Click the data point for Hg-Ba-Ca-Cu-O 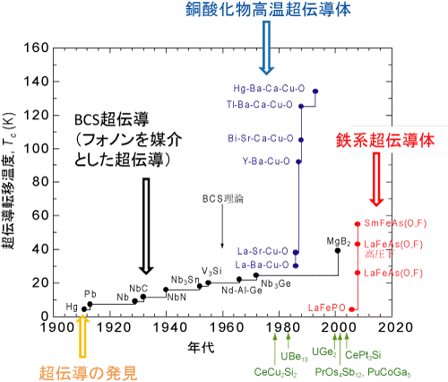click(x=315, y=91)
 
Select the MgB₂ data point click(x=338, y=250)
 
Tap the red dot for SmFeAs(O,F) click(x=358, y=223)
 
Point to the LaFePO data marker click(x=352, y=309)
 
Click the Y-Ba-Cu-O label click(x=266, y=161)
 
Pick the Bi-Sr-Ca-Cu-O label click(x=261, y=138)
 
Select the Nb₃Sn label click(x=185, y=281)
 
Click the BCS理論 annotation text click(x=223, y=199)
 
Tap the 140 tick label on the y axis click(x=36, y=82)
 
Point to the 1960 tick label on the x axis click(x=222, y=327)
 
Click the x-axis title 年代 click(x=201, y=348)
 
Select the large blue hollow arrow click(x=266, y=48)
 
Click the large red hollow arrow click(x=376, y=179)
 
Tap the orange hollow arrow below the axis click(x=83, y=336)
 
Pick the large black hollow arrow click(x=146, y=226)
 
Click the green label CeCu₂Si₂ click(x=275, y=372)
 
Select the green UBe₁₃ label click(x=294, y=357)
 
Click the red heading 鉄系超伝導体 click(x=385, y=140)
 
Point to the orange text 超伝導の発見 click(x=88, y=373)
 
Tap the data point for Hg click(x=84, y=309)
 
